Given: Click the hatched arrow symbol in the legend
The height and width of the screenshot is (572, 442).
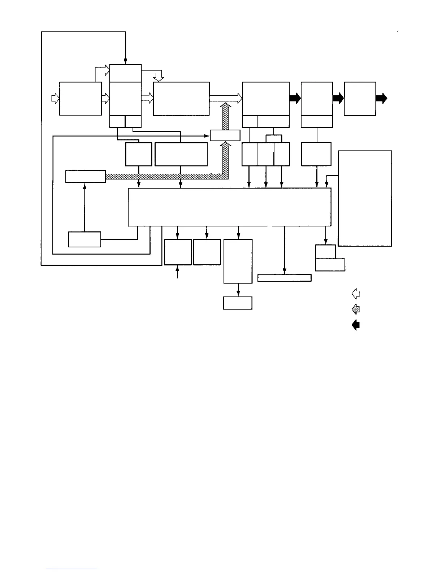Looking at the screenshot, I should [x=356, y=309].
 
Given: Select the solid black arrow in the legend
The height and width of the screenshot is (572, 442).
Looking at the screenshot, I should [x=356, y=325].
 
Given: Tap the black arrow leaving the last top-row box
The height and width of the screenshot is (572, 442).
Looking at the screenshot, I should [x=382, y=98].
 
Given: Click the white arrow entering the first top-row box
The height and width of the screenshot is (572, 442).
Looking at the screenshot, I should [x=55, y=98].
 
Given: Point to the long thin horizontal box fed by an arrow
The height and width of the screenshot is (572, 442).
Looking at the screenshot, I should [x=284, y=278].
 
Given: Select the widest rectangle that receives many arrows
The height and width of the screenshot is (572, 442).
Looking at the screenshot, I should [x=230, y=207].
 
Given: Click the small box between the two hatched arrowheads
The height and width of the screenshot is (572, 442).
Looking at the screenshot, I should [x=225, y=135].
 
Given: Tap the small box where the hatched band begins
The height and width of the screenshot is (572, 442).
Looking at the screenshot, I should [x=86, y=177].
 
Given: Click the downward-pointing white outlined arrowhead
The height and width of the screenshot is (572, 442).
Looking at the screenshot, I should [x=159, y=78].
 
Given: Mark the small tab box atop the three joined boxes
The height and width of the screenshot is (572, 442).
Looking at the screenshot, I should [x=273, y=139].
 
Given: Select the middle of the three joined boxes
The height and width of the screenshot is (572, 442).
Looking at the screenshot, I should [x=265, y=154].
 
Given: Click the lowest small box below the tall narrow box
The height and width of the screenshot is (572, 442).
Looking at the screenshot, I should [x=238, y=303].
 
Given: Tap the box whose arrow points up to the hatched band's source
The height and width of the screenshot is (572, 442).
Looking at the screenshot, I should [x=84, y=239].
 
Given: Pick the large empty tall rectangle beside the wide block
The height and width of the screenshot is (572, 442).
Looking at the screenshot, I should [x=365, y=198].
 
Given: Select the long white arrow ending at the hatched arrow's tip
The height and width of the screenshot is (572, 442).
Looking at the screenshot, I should [x=226, y=98].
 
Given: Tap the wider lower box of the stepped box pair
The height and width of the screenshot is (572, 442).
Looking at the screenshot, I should [x=330, y=265].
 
